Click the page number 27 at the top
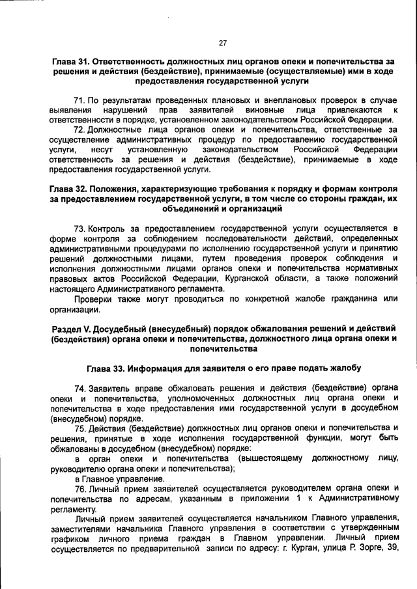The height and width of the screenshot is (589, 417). (222, 43)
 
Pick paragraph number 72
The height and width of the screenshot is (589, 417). (79, 130)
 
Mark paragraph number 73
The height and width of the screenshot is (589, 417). (79, 228)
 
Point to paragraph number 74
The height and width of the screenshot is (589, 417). (79, 388)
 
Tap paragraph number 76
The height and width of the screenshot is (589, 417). (79, 488)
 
